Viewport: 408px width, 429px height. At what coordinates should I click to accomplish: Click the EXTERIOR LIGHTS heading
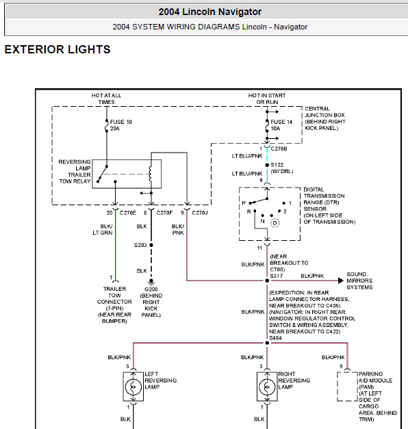tap(58, 49)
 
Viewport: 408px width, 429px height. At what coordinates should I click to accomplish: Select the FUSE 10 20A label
tap(120, 125)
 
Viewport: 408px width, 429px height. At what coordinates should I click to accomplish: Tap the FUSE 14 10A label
tap(281, 125)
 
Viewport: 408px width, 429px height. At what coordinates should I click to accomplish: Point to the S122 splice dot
tap(267, 165)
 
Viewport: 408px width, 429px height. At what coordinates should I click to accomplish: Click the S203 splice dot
tap(151, 245)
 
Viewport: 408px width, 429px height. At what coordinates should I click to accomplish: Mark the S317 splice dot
tap(267, 281)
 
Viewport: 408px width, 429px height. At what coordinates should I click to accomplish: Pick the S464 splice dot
tap(267, 343)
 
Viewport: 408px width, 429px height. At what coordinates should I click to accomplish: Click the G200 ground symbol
tap(151, 282)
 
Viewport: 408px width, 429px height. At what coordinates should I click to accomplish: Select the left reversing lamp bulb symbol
tap(133, 387)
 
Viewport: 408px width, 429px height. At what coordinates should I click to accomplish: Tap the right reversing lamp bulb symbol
tap(267, 387)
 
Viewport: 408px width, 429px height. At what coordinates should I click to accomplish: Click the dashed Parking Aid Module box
tap(337, 387)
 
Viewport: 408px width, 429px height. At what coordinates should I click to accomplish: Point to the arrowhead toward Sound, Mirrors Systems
tap(341, 281)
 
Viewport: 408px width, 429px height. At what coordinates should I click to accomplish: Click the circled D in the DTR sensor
tap(275, 223)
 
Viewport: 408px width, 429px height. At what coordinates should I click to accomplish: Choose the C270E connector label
tap(127, 213)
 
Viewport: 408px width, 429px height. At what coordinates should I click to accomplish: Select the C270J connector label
tap(200, 213)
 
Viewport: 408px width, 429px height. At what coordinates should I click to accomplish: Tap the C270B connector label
tap(279, 148)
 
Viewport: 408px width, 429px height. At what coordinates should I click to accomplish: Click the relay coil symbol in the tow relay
tap(150, 174)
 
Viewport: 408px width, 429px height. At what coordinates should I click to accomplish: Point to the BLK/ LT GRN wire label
tap(103, 229)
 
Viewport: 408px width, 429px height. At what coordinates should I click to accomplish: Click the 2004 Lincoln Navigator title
tap(210, 12)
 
